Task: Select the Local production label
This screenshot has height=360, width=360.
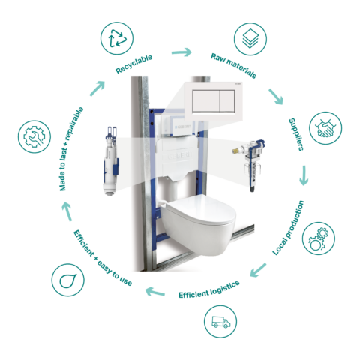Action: (x=288, y=225)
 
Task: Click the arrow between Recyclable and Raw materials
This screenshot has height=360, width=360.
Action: (x=180, y=52)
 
